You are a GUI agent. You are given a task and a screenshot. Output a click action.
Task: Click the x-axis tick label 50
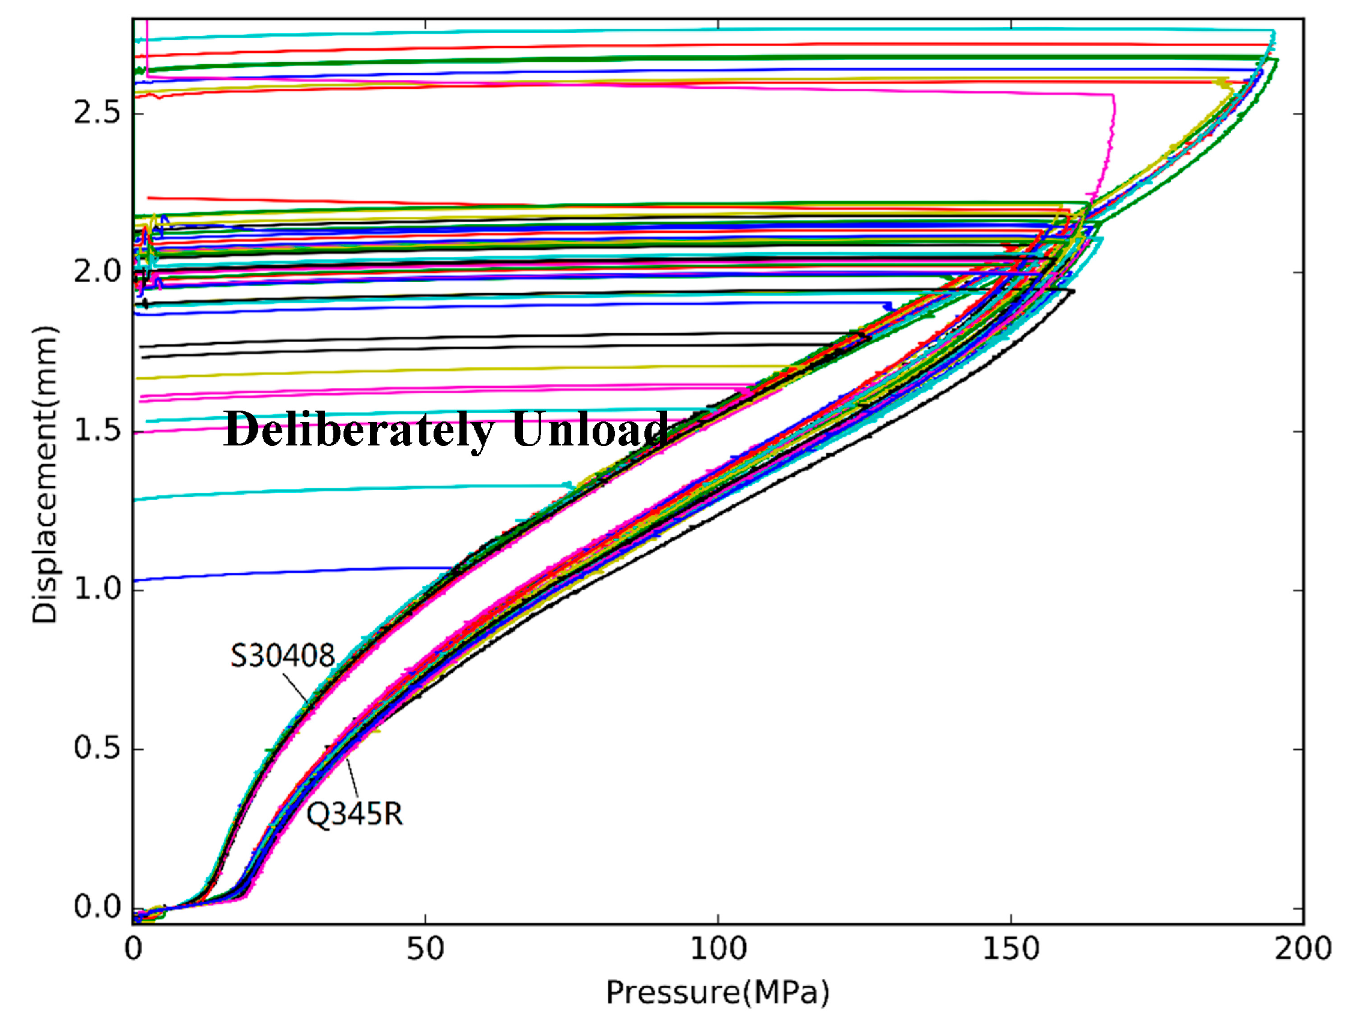pyautogui.click(x=425, y=949)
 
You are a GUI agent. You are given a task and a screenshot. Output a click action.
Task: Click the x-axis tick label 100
pyautogui.click(x=718, y=949)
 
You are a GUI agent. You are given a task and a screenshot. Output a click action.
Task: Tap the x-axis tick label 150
pyautogui.click(x=1011, y=949)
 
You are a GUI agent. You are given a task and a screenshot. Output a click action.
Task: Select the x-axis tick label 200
pyautogui.click(x=1303, y=949)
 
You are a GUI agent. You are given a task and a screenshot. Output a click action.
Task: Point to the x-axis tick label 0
pyautogui.click(x=133, y=949)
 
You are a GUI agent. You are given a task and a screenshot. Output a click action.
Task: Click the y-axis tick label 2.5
pyautogui.click(x=96, y=113)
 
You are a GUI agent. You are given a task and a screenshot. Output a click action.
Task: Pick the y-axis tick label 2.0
pyautogui.click(x=96, y=273)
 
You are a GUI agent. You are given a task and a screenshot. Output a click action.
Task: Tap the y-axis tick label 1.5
pyautogui.click(x=96, y=430)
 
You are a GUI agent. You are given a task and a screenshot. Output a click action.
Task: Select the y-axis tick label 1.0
pyautogui.click(x=96, y=590)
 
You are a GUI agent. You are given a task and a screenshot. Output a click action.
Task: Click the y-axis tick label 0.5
pyautogui.click(x=96, y=749)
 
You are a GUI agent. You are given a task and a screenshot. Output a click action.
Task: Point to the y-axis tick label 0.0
pyautogui.click(x=96, y=908)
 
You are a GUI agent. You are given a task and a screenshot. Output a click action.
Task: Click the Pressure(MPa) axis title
pyautogui.click(x=718, y=992)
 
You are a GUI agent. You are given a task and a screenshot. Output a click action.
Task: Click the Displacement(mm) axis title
pyautogui.click(x=44, y=474)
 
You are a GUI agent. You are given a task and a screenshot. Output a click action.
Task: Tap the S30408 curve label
pyautogui.click(x=282, y=656)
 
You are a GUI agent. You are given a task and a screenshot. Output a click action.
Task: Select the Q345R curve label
pyautogui.click(x=354, y=815)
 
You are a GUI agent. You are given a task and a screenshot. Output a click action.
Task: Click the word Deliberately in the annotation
pyautogui.click(x=359, y=429)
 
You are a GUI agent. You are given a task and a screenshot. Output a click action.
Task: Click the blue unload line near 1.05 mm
pyautogui.click(x=277, y=573)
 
